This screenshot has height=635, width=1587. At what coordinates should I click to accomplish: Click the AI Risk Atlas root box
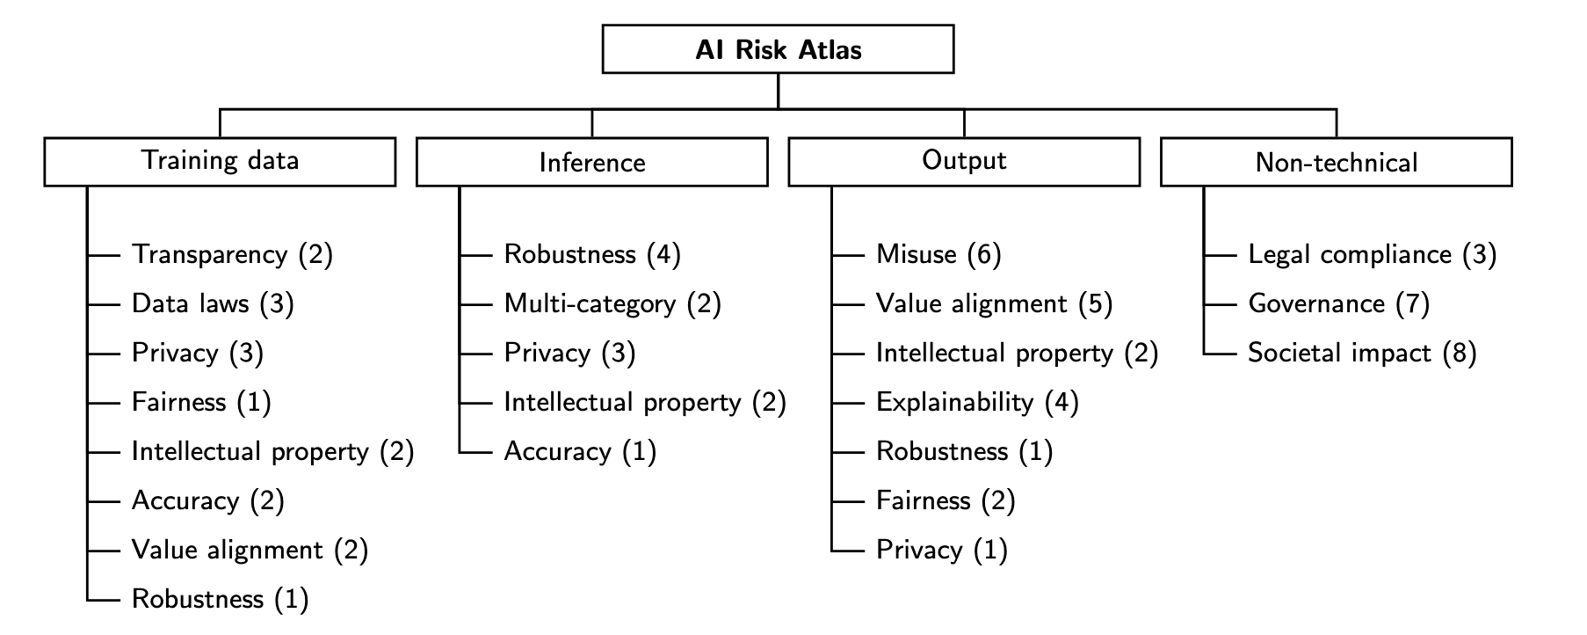click(778, 49)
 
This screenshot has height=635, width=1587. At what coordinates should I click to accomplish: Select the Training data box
click(220, 161)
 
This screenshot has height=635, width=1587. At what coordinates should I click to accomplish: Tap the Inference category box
click(591, 162)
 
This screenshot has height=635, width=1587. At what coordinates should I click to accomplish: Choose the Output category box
click(964, 161)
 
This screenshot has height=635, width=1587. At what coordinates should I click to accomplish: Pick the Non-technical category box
click(1336, 162)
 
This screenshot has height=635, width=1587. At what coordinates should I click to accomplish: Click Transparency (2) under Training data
click(232, 255)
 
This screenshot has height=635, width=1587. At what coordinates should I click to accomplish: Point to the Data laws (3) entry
click(213, 304)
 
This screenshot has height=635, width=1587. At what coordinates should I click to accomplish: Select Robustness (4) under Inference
click(592, 255)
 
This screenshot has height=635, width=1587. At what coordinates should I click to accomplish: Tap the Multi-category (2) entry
click(612, 304)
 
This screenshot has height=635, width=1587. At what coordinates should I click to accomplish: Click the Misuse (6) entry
click(938, 255)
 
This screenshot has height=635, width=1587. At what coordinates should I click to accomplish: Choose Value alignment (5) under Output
click(994, 304)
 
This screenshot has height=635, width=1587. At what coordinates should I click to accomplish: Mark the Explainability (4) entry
click(977, 403)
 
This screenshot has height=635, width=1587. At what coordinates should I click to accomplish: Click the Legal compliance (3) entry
click(1372, 255)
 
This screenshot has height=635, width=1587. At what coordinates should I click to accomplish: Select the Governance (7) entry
click(1338, 304)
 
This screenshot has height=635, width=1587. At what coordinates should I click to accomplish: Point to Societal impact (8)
click(1362, 354)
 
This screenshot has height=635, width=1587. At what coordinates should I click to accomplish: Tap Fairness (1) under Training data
click(201, 403)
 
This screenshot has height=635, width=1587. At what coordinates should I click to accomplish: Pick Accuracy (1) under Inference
click(580, 452)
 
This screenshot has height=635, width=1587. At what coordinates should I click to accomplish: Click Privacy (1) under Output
click(941, 551)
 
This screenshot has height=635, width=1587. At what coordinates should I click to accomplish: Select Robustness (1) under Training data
click(220, 600)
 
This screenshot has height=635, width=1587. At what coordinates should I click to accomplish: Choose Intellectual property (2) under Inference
click(644, 403)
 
